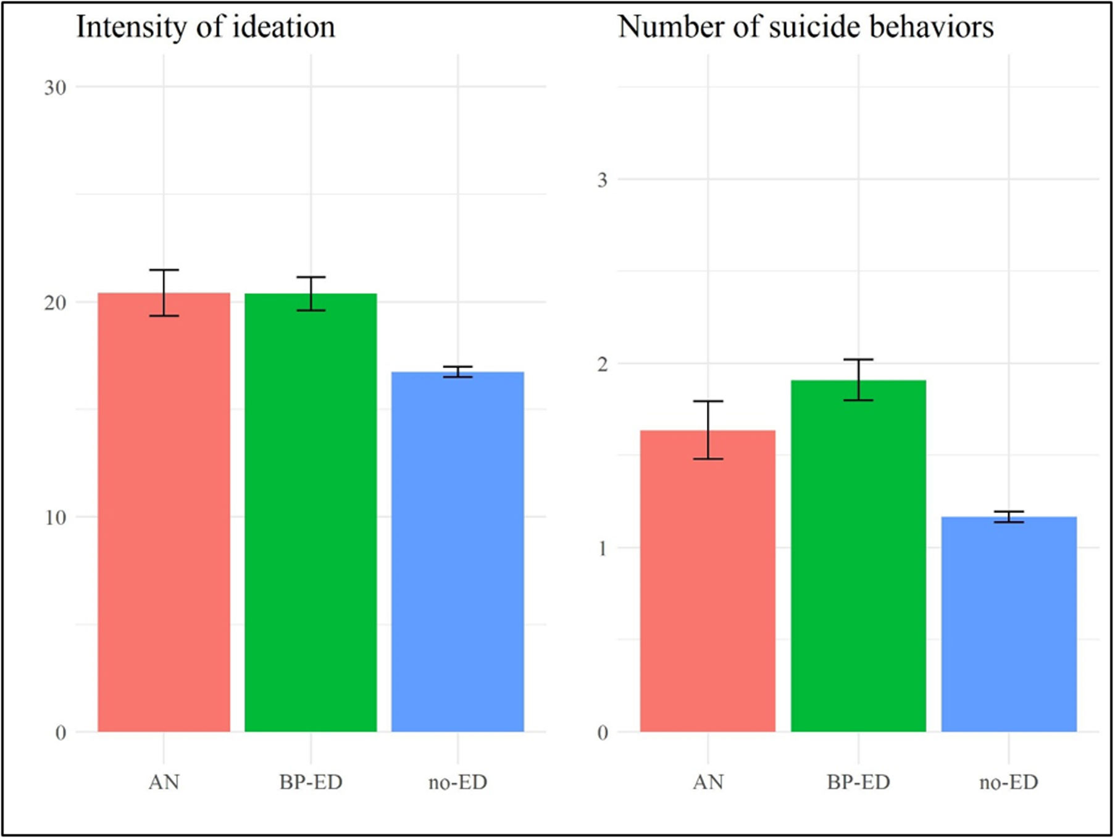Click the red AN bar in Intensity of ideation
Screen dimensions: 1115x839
tap(164, 512)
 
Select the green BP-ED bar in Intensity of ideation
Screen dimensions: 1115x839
tap(311, 512)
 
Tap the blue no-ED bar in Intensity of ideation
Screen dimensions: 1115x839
tap(457, 552)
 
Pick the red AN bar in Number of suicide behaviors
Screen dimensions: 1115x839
tap(708, 581)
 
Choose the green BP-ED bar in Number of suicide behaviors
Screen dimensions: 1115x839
tap(858, 556)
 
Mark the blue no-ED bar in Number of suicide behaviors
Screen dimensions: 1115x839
tap(1009, 624)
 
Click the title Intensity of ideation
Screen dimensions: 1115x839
tap(206, 28)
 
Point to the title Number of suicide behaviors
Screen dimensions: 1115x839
tap(806, 27)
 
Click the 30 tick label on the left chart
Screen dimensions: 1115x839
tap(55, 88)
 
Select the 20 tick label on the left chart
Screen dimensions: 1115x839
tap(55, 303)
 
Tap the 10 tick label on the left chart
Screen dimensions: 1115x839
tap(55, 517)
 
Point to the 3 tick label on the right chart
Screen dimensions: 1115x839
tap(603, 180)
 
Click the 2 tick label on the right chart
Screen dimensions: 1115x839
tap(603, 364)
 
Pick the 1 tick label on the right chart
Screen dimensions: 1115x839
tap(603, 548)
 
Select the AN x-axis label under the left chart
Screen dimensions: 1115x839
tap(164, 783)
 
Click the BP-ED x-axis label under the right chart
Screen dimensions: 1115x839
tap(858, 783)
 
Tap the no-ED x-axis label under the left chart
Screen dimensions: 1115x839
tap(457, 783)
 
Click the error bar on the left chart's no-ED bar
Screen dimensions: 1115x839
tap(457, 372)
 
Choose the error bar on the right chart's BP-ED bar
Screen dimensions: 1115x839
tap(858, 380)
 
